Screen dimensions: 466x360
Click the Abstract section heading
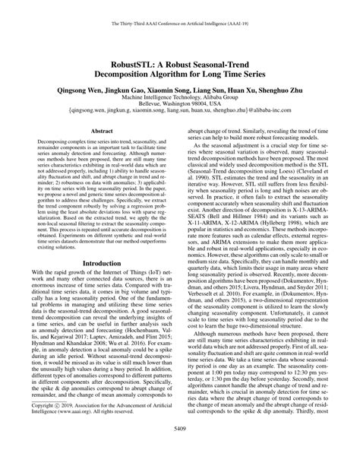[102, 131]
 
